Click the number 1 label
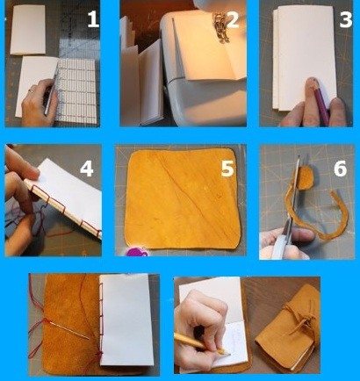93,20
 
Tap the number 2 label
233,20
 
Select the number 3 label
345,20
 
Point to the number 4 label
87,169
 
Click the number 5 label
227,169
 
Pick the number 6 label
340,169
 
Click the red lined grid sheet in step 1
76,90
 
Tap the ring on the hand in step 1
31,91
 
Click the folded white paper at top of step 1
28,30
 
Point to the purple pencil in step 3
321,103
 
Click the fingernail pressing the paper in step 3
311,82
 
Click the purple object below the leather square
136,252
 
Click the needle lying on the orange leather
69,330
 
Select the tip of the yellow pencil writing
229,355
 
